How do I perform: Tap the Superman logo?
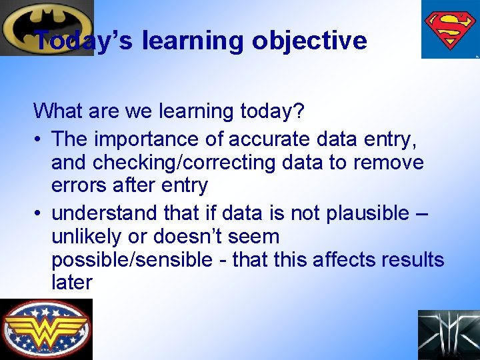pyautogui.click(x=449, y=29)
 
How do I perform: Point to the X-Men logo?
pyautogui.click(x=448, y=335)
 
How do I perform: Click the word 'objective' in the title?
pyautogui.click(x=309, y=41)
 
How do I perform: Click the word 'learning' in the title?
pyautogui.click(x=193, y=41)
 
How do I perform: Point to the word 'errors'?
pyautogui.click(x=83, y=185)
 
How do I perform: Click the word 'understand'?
pyautogui.click(x=106, y=213)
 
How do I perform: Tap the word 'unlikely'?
pyautogui.click(x=95, y=236)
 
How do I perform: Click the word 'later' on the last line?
pyautogui.click(x=71, y=283)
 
